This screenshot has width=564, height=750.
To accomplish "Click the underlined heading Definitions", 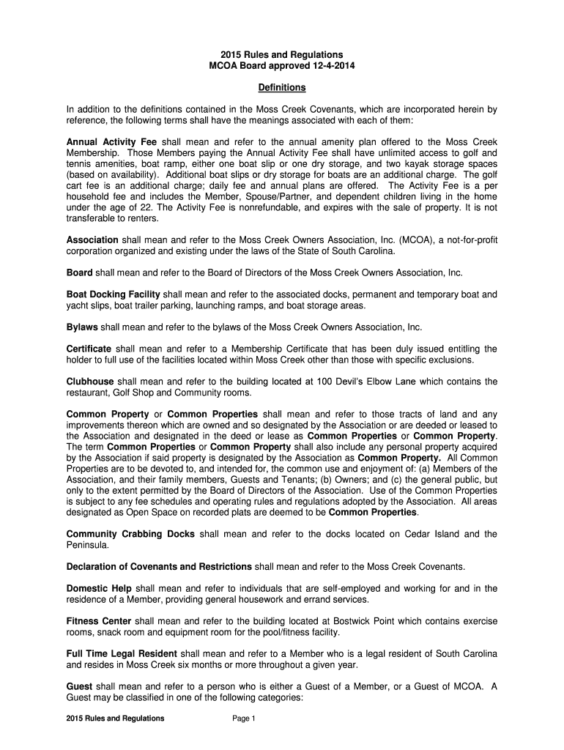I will [x=282, y=88].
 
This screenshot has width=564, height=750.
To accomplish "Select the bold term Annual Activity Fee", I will [x=112, y=142].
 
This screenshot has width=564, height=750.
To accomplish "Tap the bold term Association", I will [x=92, y=240].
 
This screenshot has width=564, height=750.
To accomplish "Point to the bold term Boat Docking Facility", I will [x=115, y=294].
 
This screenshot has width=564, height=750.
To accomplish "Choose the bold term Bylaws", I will [x=82, y=327].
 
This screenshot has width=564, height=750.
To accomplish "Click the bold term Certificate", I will [x=89, y=349].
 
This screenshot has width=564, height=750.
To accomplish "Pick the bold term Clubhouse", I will [x=89, y=382].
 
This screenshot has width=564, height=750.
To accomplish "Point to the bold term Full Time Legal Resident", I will [x=122, y=653].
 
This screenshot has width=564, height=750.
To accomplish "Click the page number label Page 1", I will [x=243, y=719].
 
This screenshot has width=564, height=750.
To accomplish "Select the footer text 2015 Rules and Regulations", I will [x=115, y=719].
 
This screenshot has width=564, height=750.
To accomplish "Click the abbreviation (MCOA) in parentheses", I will [x=414, y=240].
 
